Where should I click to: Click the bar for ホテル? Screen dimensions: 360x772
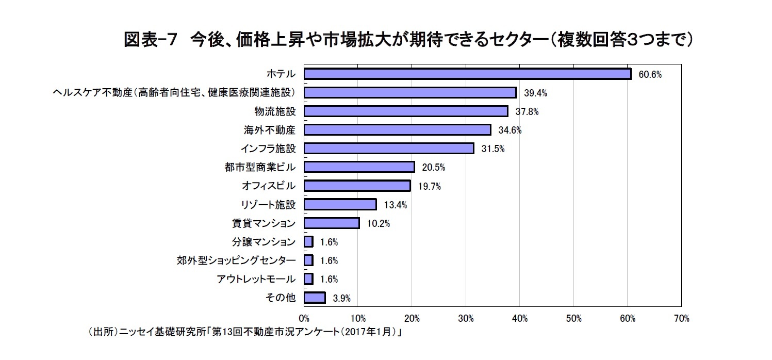[467, 74]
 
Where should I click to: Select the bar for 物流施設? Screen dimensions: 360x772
[406, 111]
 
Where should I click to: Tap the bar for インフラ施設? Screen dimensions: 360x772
[389, 149]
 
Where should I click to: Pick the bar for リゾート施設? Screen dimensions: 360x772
[340, 204]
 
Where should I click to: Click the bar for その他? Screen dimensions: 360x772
[315, 298]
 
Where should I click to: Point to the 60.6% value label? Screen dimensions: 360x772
[650, 75]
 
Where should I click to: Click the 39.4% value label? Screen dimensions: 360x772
[535, 93]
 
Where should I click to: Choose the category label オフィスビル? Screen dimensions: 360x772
[269, 186]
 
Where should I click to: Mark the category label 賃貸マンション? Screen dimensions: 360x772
[264, 223]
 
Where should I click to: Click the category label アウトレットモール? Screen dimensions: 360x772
[256, 279]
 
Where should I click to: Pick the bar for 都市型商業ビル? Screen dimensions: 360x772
[359, 167]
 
